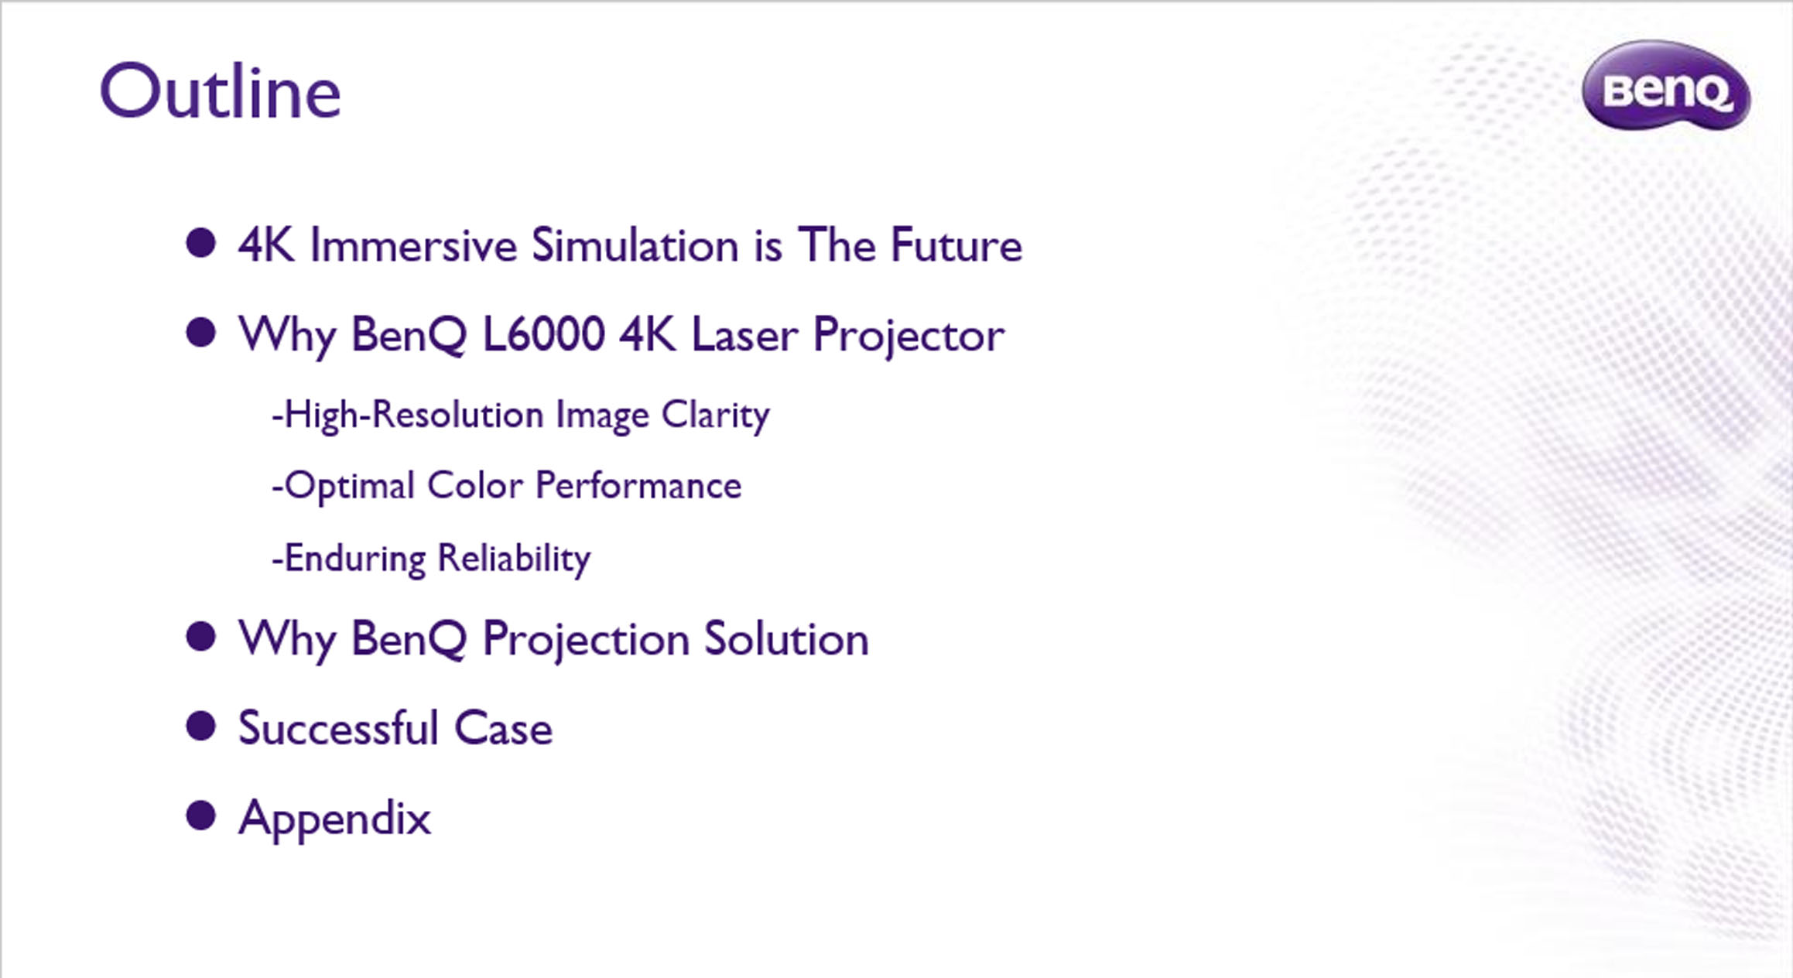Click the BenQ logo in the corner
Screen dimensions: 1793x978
click(1666, 85)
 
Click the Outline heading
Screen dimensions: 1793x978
click(221, 91)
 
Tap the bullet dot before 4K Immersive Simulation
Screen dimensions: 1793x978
click(200, 243)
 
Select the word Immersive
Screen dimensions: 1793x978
click(413, 245)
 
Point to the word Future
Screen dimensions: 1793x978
click(956, 245)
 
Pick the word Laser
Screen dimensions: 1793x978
click(744, 335)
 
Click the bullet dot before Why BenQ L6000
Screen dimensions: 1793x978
click(200, 333)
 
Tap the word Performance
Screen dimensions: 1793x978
click(638, 487)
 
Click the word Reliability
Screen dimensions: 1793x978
click(514, 559)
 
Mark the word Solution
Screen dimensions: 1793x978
click(786, 639)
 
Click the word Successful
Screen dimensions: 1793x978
click(338, 728)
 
